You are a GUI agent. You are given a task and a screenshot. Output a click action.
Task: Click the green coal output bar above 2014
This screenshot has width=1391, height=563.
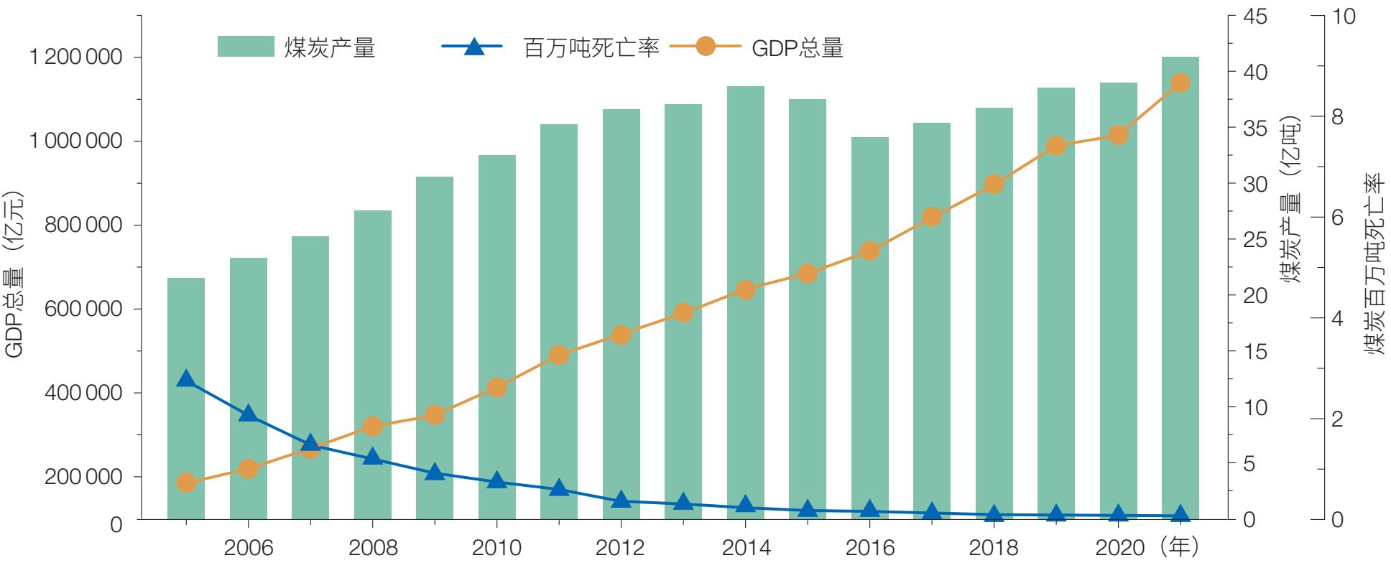click(745, 302)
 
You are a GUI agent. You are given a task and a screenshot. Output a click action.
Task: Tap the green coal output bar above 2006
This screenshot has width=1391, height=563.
click(248, 388)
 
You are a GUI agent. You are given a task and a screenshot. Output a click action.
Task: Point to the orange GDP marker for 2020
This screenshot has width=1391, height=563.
click(1118, 135)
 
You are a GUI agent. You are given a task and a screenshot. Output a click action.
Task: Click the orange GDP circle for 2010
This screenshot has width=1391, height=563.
click(496, 388)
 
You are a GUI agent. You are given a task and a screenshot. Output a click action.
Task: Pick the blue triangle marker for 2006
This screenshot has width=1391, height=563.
click(248, 414)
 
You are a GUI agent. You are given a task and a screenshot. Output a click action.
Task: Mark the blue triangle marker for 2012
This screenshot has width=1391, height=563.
click(621, 500)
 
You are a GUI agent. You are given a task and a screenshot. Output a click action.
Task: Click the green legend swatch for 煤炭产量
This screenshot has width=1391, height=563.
click(246, 47)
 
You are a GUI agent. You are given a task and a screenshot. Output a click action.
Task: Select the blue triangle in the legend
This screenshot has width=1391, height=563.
click(473, 47)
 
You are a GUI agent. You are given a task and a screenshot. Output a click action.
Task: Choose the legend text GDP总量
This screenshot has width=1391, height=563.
click(798, 48)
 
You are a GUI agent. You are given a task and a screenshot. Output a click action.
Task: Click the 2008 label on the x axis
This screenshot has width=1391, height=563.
click(372, 548)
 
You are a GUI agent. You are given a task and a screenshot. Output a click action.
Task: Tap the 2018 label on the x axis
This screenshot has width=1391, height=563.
click(994, 548)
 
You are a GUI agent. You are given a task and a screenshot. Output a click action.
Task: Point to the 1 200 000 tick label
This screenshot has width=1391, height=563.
click(75, 57)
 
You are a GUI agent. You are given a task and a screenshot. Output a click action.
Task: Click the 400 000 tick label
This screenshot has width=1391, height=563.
click(83, 393)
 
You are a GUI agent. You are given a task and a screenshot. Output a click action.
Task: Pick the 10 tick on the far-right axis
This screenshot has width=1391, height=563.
click(1343, 17)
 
